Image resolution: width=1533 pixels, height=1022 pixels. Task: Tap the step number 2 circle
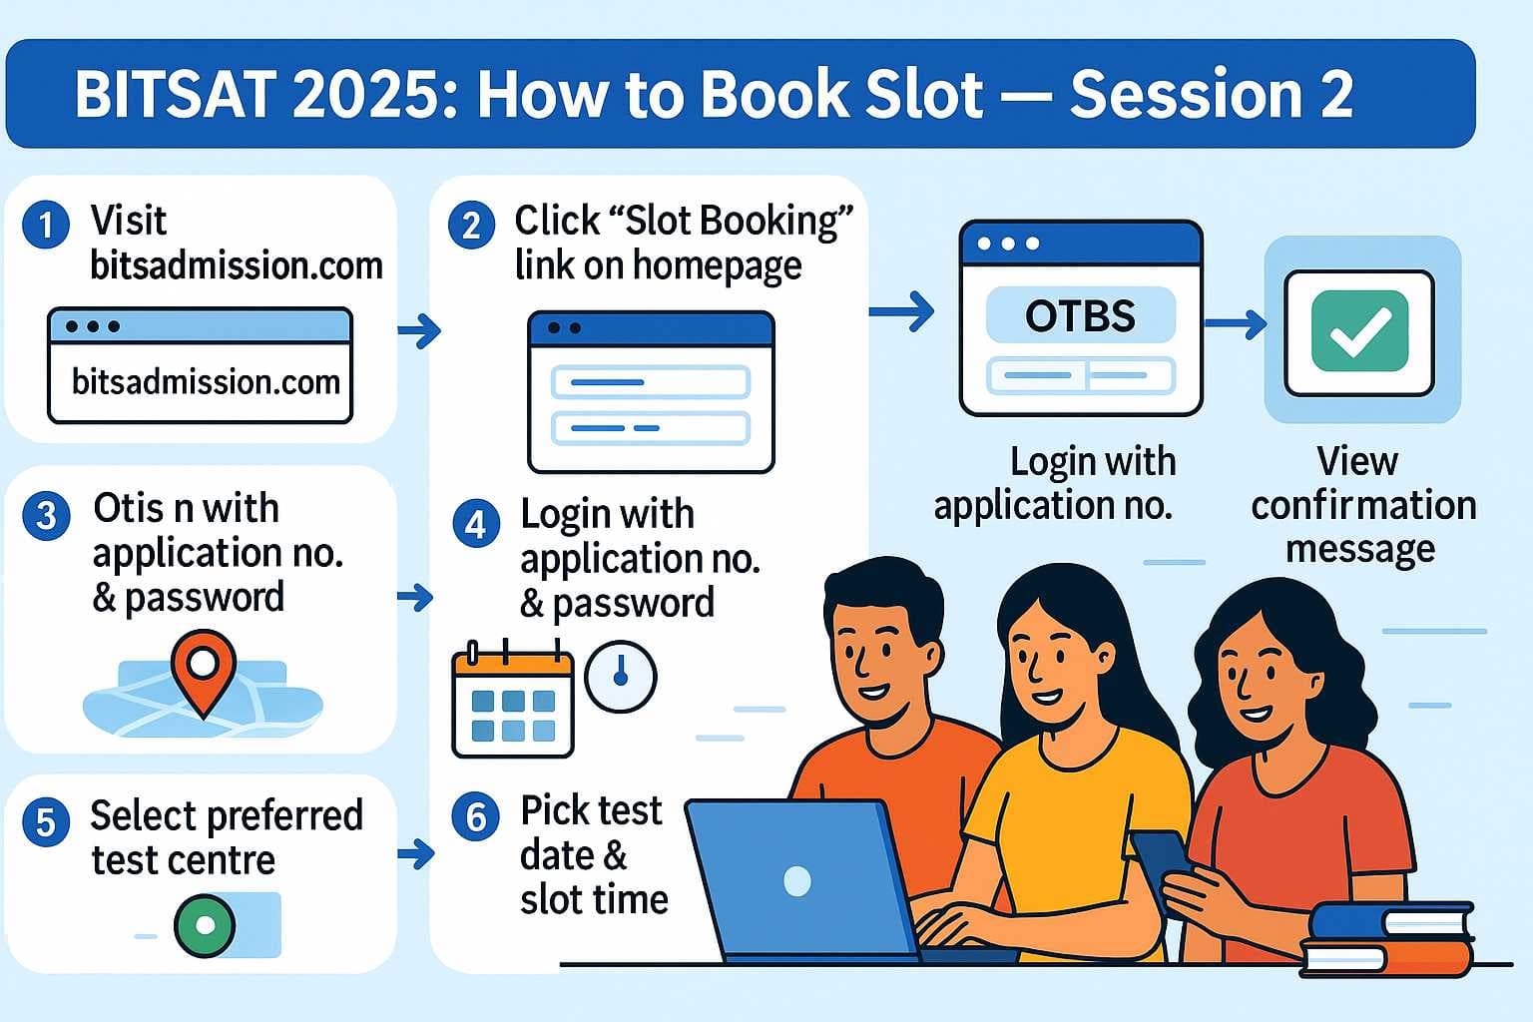tap(471, 226)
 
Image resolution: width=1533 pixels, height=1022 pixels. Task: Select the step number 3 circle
tap(46, 516)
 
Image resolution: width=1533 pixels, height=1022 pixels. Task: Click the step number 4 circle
tap(476, 524)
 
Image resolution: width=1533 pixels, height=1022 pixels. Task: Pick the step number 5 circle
tap(46, 822)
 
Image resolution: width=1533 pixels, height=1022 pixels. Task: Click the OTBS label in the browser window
tap(1080, 316)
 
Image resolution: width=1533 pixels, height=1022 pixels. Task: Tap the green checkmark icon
tap(1359, 331)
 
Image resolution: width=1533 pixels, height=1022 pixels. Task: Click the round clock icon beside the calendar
tap(620, 677)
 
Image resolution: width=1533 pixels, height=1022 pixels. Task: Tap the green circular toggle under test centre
tap(206, 925)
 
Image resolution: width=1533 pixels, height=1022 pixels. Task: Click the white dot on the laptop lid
tap(797, 880)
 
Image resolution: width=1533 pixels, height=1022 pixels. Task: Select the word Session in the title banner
tap(1186, 95)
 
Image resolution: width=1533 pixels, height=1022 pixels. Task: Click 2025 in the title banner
tap(359, 95)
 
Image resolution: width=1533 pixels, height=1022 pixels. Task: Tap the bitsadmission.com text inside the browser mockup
tap(206, 382)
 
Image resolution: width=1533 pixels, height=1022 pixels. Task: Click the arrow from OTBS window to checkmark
tap(1235, 323)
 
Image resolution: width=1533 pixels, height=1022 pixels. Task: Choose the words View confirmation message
tap(1361, 505)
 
